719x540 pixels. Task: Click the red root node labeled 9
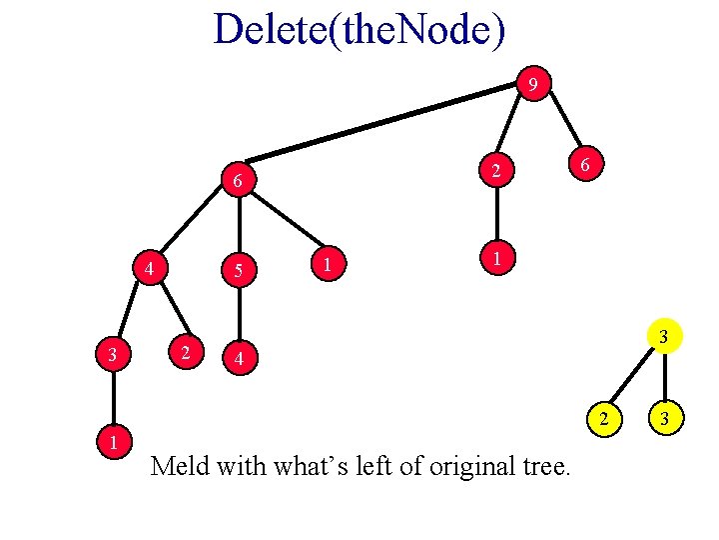pyautogui.click(x=534, y=86)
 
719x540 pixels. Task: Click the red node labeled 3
pyautogui.click(x=114, y=353)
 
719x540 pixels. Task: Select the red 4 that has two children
pyautogui.click(x=148, y=269)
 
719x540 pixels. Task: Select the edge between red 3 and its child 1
pyautogui.click(x=114, y=397)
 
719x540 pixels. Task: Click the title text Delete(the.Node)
pyautogui.click(x=359, y=30)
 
